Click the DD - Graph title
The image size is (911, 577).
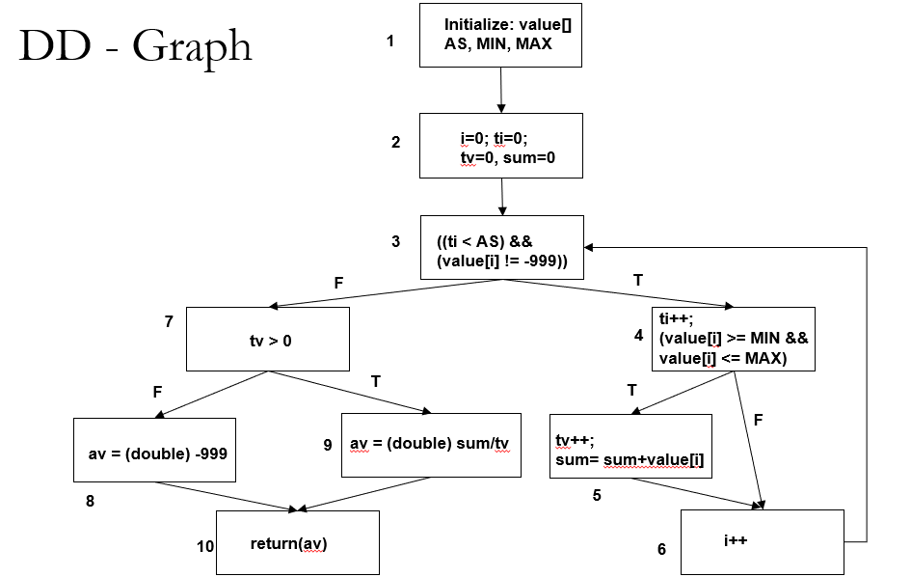click(135, 45)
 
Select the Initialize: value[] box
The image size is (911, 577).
click(500, 36)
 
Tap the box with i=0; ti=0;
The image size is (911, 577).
click(500, 146)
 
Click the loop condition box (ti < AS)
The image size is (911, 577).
click(501, 248)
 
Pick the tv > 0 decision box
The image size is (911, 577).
click(268, 340)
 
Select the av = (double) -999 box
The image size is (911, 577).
click(154, 450)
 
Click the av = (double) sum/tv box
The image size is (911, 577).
click(431, 445)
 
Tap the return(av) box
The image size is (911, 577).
click(297, 543)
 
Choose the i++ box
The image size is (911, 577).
click(762, 542)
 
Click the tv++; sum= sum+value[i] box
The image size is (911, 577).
click(630, 447)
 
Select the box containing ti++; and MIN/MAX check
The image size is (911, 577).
click(734, 340)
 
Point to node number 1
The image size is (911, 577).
click(390, 41)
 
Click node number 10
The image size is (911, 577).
click(205, 547)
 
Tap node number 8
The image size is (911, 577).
click(90, 501)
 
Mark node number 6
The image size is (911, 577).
click(661, 549)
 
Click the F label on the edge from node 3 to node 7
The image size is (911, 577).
click(338, 284)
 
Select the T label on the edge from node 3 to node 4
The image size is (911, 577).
click(638, 279)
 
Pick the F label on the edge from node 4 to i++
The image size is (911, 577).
click(759, 421)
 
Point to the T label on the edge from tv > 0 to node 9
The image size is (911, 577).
click(375, 381)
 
